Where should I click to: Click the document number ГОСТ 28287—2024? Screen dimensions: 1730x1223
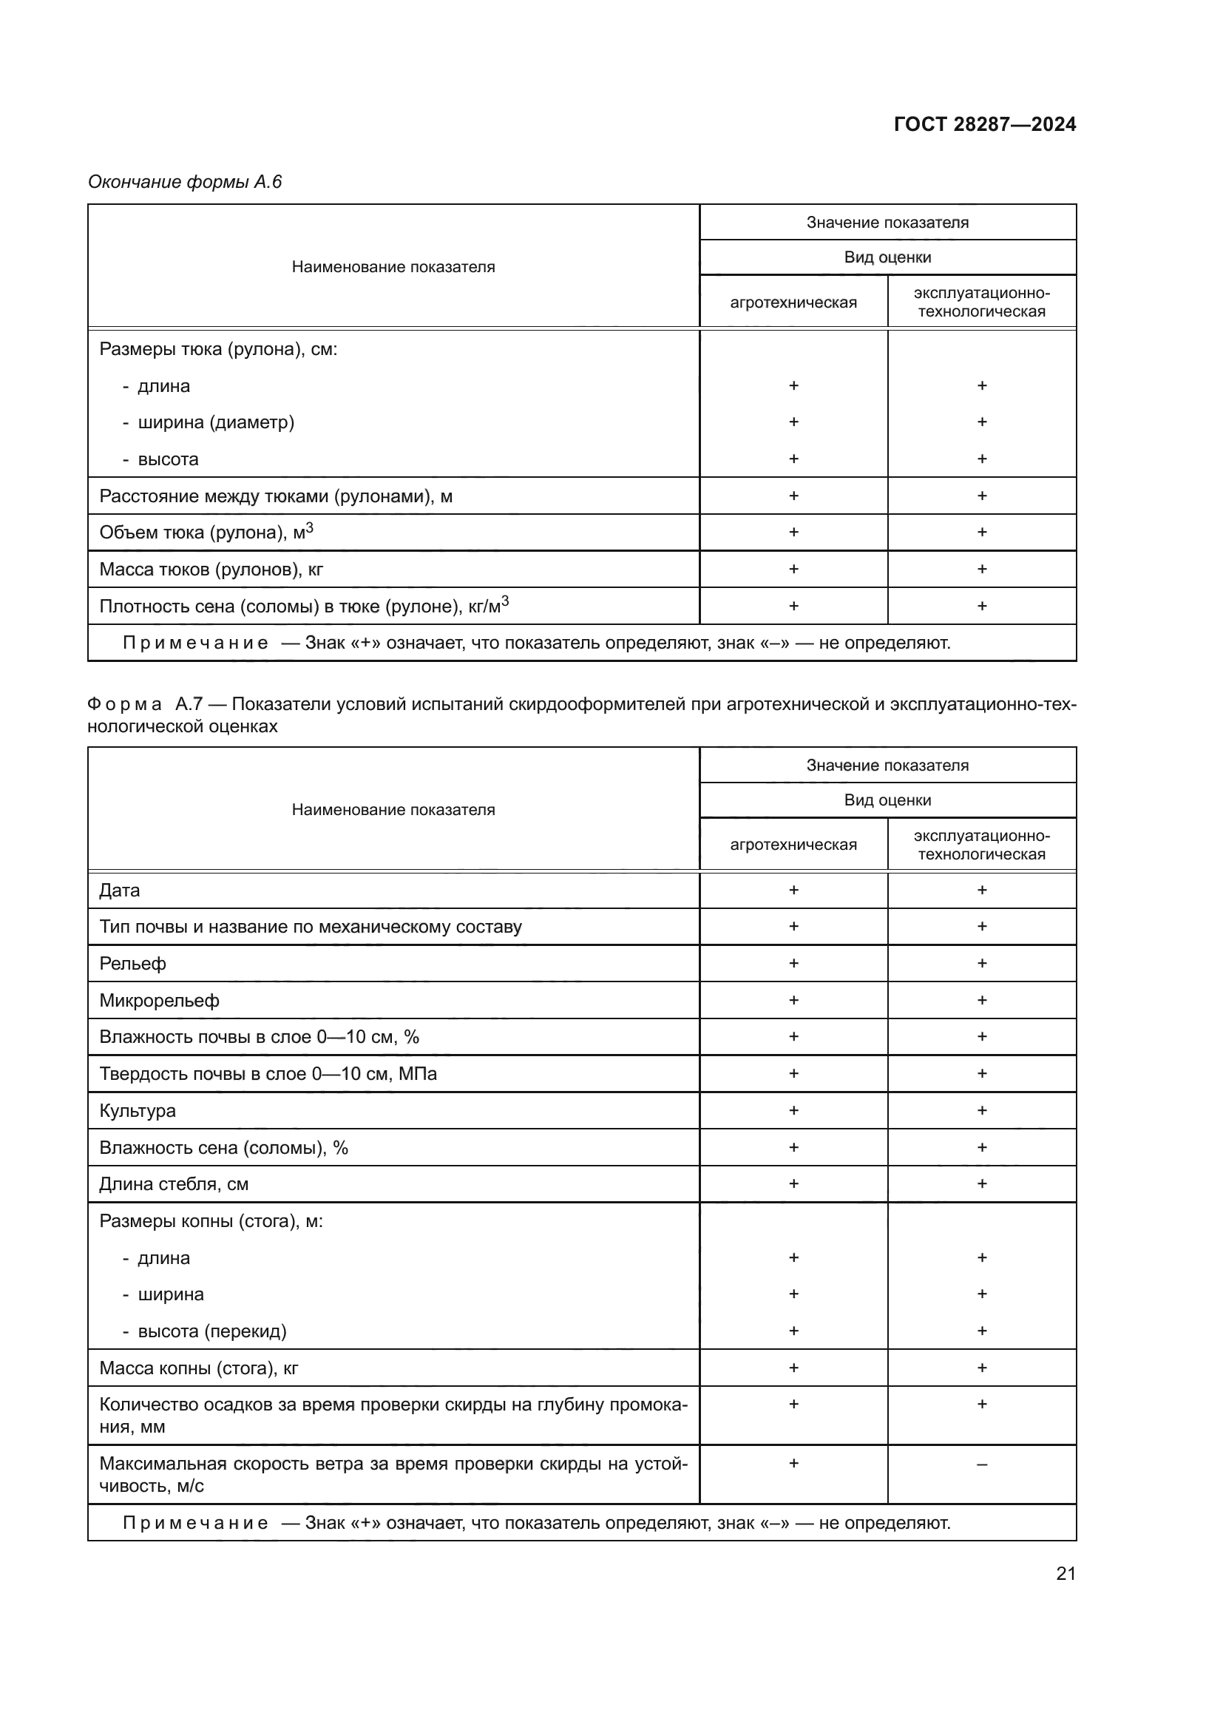click(x=984, y=124)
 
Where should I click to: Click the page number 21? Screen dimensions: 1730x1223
click(x=1066, y=1573)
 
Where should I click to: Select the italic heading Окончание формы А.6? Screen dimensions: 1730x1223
click(x=185, y=182)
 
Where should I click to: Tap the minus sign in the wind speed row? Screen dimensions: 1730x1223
click(x=981, y=1464)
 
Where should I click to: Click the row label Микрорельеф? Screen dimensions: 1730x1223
click(x=159, y=1001)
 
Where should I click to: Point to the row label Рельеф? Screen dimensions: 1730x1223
click(x=132, y=964)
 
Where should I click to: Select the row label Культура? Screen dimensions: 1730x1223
click(x=137, y=1111)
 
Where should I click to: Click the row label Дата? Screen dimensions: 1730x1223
click(x=120, y=891)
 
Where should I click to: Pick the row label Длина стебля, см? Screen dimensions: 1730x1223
click(x=174, y=1183)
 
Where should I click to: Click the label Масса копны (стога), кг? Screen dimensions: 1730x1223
click(x=199, y=1368)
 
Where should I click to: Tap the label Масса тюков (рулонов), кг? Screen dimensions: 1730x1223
click(x=211, y=569)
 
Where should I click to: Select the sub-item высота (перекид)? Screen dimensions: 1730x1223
click(x=211, y=1331)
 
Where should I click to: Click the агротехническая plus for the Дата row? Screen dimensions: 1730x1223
click(x=793, y=890)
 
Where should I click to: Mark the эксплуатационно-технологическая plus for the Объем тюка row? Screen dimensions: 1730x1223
click(x=981, y=532)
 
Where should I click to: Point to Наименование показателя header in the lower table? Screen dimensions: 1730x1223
click(x=393, y=809)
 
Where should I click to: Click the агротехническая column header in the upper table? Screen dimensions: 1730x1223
click(x=793, y=303)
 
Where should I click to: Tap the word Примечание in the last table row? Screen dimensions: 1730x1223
click(x=195, y=1523)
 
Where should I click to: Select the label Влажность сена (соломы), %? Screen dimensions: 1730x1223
click(x=223, y=1148)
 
